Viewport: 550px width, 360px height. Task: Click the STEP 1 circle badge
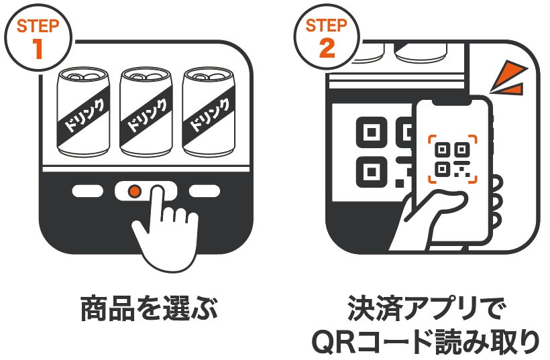pos(38,38)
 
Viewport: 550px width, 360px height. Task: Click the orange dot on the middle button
pos(133,192)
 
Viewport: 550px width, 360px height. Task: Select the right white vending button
pos(204,191)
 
